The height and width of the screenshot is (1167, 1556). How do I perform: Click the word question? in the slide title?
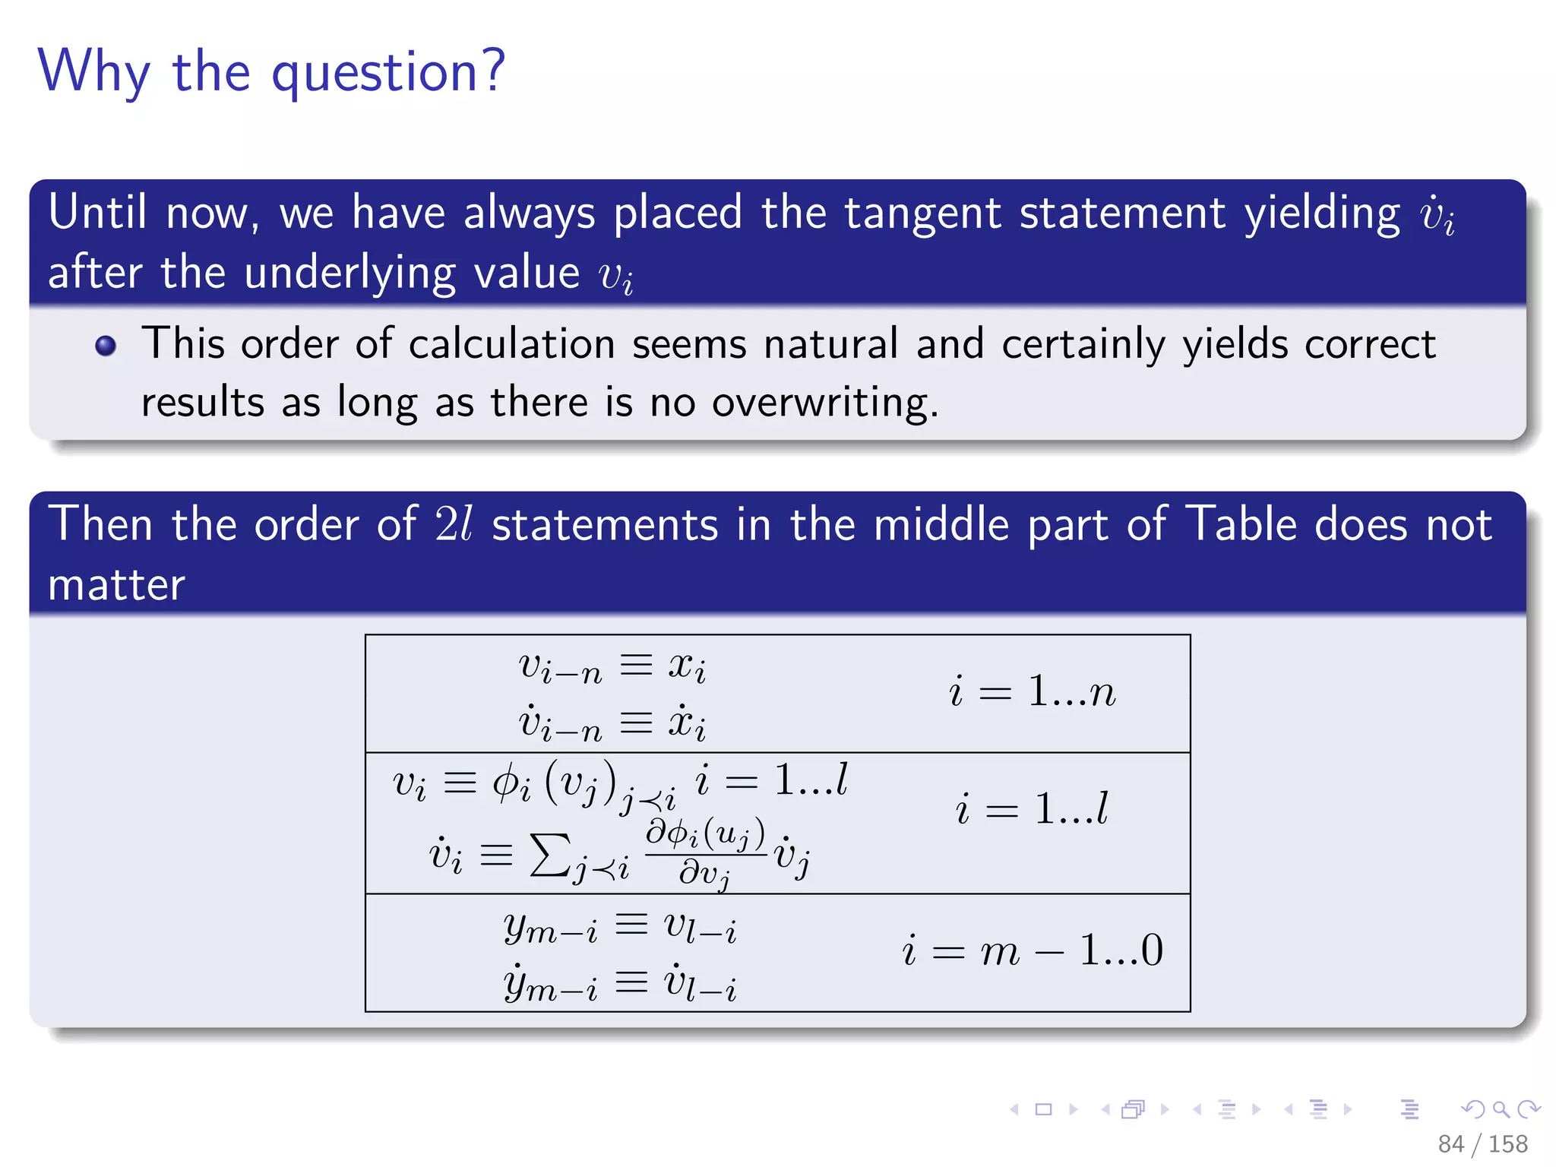pos(388,72)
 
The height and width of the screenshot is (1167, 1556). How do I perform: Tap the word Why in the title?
pos(93,72)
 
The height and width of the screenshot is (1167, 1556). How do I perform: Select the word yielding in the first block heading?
pos(1322,213)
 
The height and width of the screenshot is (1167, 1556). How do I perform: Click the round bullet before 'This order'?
pos(106,346)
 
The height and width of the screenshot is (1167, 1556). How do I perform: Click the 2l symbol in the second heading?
pos(454,524)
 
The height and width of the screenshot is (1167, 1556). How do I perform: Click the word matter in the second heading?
pos(116,585)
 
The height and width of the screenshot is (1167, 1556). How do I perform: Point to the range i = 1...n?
pos(1032,692)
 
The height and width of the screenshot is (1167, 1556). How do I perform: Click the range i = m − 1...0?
pos(1032,950)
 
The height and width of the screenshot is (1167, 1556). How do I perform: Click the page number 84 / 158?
pos(1482,1143)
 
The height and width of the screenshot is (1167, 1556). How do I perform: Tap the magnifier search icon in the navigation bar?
pos(1501,1109)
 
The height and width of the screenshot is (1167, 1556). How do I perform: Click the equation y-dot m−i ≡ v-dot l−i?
pos(619,984)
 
